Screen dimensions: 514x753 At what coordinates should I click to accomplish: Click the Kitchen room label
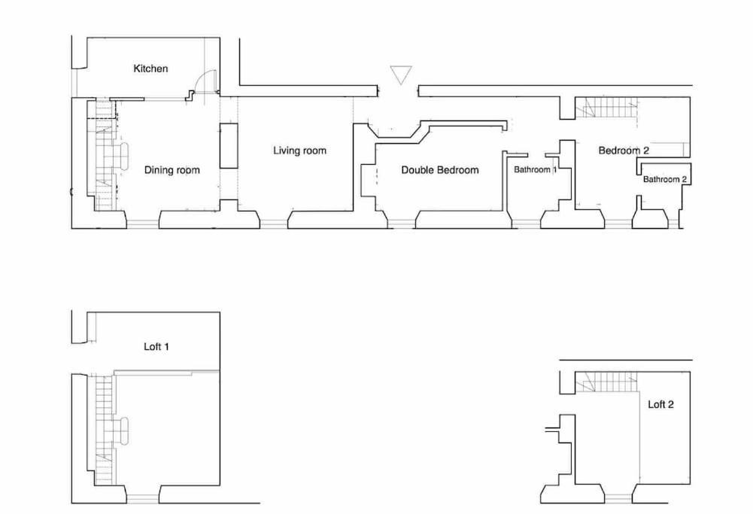click(x=150, y=68)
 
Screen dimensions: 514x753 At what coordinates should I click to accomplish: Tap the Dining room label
click(x=172, y=170)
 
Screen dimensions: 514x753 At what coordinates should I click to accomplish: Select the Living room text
click(x=299, y=151)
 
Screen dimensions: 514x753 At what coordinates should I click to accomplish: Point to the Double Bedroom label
click(x=440, y=170)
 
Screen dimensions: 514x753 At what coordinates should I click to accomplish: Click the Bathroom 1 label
click(x=536, y=170)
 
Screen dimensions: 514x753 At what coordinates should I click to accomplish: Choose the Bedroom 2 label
click(x=624, y=151)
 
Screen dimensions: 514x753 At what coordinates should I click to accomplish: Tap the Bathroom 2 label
click(x=665, y=179)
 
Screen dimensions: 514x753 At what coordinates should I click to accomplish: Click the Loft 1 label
click(x=156, y=347)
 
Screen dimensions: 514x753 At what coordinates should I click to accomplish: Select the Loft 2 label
click(x=660, y=404)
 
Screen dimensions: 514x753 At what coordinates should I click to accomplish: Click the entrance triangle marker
click(x=401, y=75)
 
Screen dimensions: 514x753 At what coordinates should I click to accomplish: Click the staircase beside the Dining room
click(x=105, y=158)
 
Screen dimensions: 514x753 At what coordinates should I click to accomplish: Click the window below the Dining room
click(x=142, y=222)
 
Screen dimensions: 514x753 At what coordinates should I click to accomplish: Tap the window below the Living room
click(x=275, y=222)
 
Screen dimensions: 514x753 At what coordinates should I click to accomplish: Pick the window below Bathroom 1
click(x=526, y=222)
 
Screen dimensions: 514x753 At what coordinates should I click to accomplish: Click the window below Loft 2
click(x=618, y=497)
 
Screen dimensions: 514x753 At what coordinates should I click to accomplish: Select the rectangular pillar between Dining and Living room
click(x=229, y=146)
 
